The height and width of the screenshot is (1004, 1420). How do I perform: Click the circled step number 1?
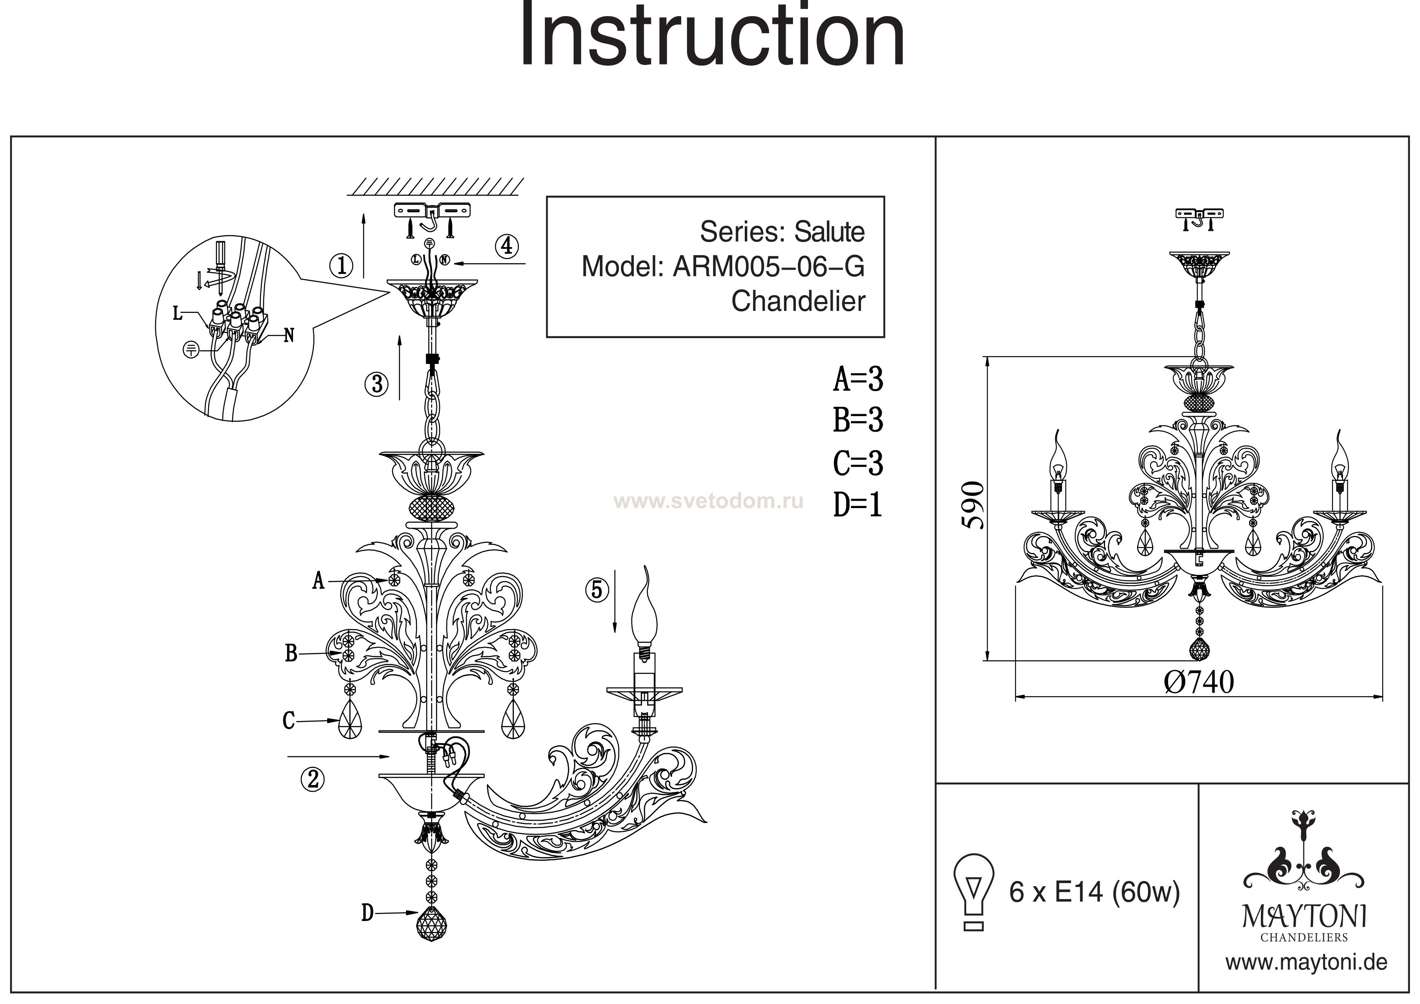(x=341, y=266)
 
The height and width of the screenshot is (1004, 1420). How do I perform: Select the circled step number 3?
(x=376, y=384)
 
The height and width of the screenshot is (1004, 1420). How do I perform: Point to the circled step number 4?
(x=506, y=246)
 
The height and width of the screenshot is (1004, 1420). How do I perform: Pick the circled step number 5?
(x=596, y=589)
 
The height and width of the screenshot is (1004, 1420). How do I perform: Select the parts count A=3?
(x=858, y=379)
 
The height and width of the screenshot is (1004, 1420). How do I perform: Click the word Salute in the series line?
(x=829, y=232)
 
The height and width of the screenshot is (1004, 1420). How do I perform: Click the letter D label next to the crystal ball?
(x=368, y=913)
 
